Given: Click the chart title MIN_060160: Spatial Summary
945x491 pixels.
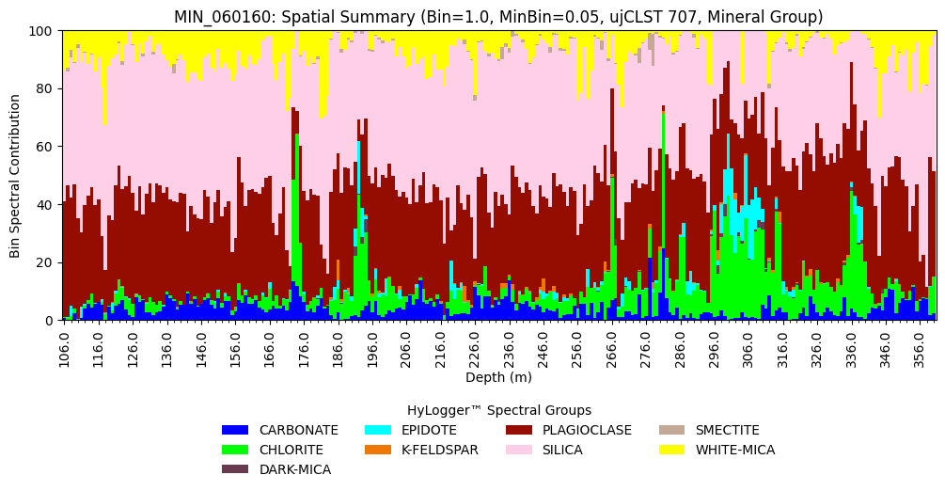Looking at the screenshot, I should click(x=498, y=17).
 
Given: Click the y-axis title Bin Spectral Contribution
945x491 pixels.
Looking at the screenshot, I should click(x=15, y=176).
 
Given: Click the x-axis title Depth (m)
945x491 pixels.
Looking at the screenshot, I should click(x=498, y=377).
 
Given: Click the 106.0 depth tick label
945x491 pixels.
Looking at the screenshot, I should click(x=65, y=347).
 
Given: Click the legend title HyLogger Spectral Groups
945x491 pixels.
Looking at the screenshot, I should click(x=498, y=410).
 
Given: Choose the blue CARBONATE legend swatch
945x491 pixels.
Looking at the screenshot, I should click(x=235, y=430).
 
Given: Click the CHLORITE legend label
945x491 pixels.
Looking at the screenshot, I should click(x=291, y=450).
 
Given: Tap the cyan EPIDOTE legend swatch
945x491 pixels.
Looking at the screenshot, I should click(x=377, y=430).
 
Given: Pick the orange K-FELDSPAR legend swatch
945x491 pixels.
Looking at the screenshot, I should click(x=377, y=450).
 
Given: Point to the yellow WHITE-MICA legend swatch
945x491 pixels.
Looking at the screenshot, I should click(x=670, y=450).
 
